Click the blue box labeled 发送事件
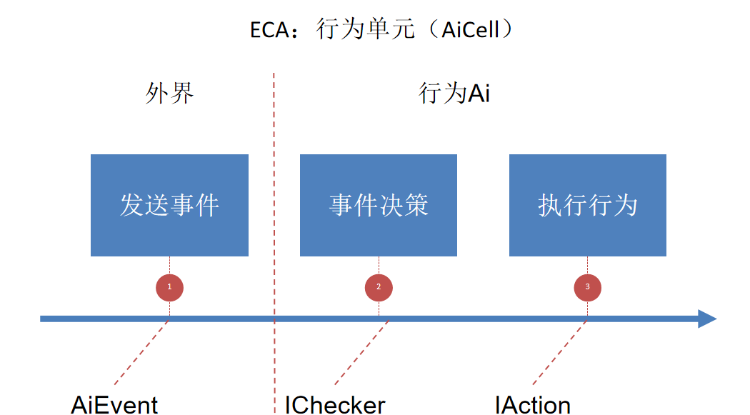point(169,205)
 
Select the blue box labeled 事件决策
point(379,205)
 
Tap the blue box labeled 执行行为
point(587,205)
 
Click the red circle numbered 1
point(169,287)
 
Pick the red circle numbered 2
point(379,287)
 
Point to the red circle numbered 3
point(587,287)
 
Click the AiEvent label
point(114,404)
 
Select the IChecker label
point(335,404)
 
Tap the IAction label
point(533,404)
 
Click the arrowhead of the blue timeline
point(707,319)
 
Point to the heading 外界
point(169,94)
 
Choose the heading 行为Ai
point(454,94)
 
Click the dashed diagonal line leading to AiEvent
point(141,353)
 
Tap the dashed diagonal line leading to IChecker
point(361,353)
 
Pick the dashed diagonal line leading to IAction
point(559,353)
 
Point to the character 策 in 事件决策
point(416,205)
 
